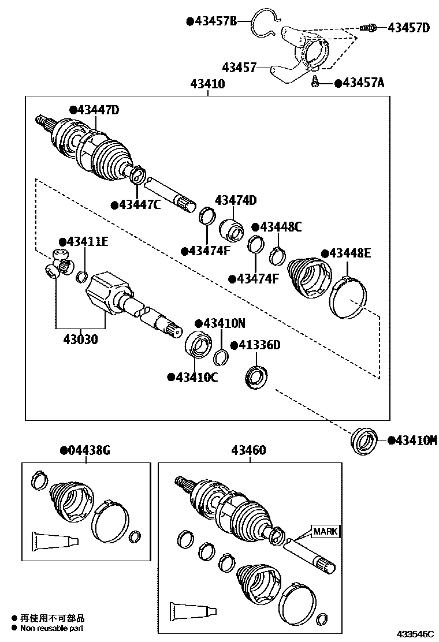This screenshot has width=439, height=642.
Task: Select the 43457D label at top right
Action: tap(408, 28)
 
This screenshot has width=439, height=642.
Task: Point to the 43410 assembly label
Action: tap(207, 84)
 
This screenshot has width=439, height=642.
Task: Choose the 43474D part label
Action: tap(236, 200)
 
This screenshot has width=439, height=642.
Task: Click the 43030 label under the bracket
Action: tap(81, 339)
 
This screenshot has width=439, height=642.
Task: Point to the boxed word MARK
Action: tap(326, 532)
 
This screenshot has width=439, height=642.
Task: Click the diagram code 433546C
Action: tap(415, 634)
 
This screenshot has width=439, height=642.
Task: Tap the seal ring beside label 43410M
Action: tap(364, 441)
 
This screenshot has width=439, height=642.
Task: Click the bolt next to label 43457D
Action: tap(368, 28)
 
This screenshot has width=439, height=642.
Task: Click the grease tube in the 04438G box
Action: tap(54, 541)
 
